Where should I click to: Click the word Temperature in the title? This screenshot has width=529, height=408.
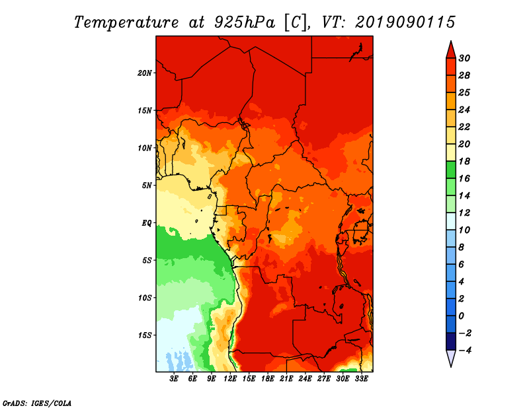pos(126,22)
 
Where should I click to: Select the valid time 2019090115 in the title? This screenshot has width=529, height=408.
pos(405,22)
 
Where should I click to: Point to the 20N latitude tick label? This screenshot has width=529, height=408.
pos(145,73)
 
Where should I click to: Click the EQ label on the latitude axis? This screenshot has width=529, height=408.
pos(146,223)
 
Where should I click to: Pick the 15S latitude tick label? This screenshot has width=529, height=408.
pos(145,335)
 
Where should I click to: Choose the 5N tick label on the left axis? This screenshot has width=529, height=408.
pos(147,186)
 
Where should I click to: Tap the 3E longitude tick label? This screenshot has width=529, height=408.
pos(174,379)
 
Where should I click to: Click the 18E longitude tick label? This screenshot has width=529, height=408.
pos(268,379)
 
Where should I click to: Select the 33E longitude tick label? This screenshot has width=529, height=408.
pos(361,379)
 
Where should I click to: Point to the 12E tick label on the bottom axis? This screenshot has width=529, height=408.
pos(230,379)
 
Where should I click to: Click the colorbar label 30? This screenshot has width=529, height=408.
pos(464,58)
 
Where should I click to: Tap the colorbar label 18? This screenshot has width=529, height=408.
pos(464,161)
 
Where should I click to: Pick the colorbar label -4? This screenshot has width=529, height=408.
pos(464,351)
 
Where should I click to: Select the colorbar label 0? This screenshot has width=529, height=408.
pos(461,316)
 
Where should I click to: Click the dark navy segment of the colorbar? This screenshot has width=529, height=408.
pos(451,341)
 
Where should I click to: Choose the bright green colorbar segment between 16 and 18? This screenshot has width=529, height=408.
pos(451,170)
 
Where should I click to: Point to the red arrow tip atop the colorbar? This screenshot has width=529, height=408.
pos(451,41)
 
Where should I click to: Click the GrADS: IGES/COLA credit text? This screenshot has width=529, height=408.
pos(37,403)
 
